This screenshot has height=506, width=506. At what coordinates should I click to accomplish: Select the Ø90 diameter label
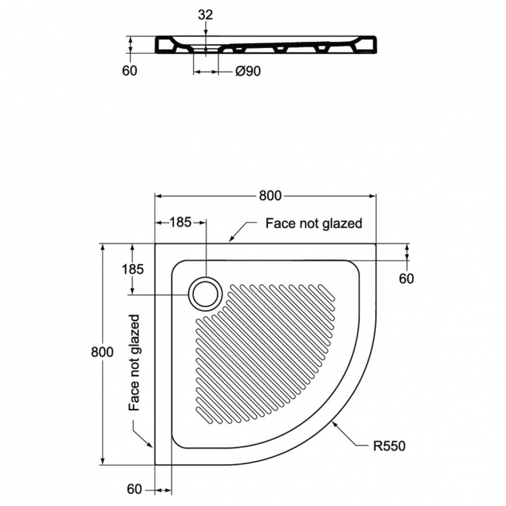248,71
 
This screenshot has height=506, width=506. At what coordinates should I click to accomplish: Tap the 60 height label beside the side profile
129,71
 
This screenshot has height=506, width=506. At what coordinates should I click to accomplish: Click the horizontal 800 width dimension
269,196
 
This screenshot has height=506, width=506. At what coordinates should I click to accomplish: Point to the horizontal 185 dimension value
180,221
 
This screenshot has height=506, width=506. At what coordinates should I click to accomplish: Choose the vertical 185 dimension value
134,269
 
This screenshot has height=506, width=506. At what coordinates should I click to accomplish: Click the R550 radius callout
390,446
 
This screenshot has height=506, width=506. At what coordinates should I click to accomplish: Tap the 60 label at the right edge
406,278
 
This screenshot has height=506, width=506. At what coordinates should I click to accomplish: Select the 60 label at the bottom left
135,489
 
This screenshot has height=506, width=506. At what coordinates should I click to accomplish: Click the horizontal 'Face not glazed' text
314,223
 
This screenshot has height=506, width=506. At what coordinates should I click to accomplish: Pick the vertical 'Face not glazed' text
134,363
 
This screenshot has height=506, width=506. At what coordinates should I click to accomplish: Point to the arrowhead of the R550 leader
333,423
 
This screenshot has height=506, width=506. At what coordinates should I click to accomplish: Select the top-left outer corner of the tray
156,244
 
